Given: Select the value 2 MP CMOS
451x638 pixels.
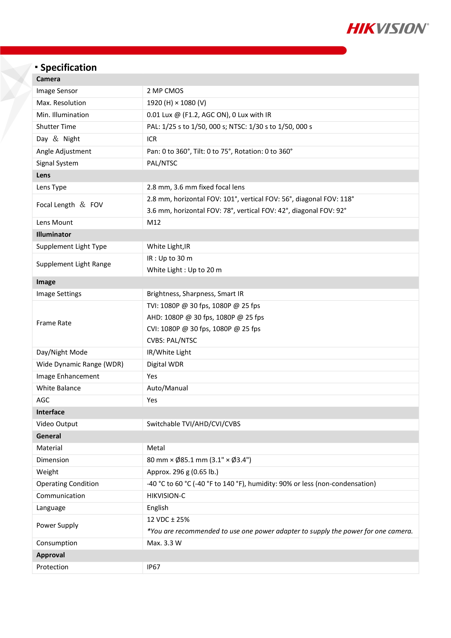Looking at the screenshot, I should [x=165, y=91].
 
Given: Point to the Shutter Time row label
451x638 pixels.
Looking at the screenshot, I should [x=56, y=127].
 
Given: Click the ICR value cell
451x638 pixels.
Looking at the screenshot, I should [x=152, y=139].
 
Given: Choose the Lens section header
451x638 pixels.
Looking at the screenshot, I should [x=43, y=175].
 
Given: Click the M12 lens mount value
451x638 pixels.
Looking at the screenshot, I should [x=154, y=223].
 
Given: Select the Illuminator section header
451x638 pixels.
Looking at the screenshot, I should [x=54, y=235].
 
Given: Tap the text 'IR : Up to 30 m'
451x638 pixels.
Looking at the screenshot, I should [x=169, y=258].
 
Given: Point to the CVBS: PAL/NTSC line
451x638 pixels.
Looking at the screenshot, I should [x=172, y=340].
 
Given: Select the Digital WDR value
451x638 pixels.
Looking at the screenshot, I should [x=165, y=364].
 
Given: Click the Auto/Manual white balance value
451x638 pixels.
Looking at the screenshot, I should [x=167, y=388].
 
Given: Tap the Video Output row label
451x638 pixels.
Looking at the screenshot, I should [x=57, y=424].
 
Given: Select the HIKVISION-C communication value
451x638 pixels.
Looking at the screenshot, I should [x=166, y=496].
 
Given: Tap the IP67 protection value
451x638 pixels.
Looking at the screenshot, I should [x=153, y=567].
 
